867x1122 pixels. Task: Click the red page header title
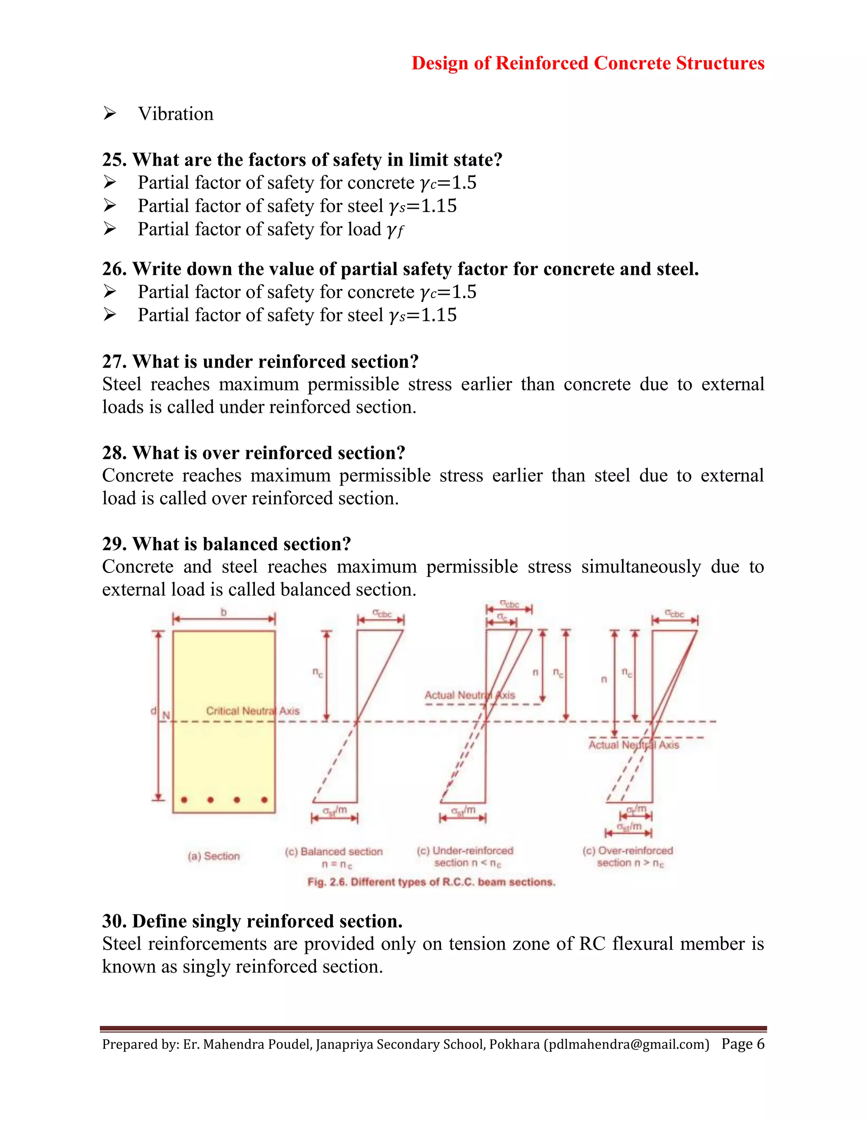pyautogui.click(x=588, y=63)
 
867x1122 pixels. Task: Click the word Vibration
pyautogui.click(x=176, y=114)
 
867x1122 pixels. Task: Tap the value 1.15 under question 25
pyautogui.click(x=439, y=206)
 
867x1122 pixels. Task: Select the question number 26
pyautogui.click(x=114, y=269)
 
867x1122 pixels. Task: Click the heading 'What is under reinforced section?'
pyautogui.click(x=275, y=362)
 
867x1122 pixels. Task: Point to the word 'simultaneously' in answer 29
pyautogui.click(x=641, y=567)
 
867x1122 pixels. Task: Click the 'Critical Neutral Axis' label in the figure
pyautogui.click(x=253, y=711)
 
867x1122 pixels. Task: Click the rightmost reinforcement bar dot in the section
pyautogui.click(x=264, y=800)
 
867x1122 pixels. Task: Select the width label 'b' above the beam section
pyautogui.click(x=224, y=612)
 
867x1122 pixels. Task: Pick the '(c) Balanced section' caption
pyautogui.click(x=334, y=852)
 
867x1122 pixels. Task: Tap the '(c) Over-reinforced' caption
pyautogui.click(x=628, y=851)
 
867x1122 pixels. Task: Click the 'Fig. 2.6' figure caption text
pyautogui.click(x=431, y=882)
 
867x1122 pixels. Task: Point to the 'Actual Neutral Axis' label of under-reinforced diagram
pyautogui.click(x=469, y=695)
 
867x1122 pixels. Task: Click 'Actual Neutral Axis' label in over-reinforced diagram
pyautogui.click(x=633, y=745)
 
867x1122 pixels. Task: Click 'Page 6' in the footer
pyautogui.click(x=743, y=1044)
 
